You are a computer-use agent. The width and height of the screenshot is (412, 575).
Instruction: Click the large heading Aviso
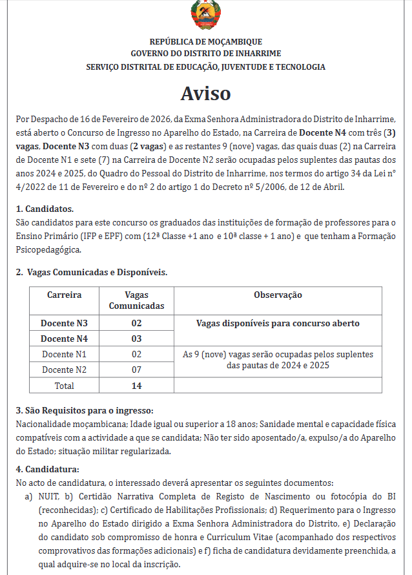[205, 93]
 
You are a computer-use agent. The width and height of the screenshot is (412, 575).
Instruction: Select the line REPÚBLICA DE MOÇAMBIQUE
[206, 42]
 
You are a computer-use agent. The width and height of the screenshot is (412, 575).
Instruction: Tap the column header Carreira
[65, 295]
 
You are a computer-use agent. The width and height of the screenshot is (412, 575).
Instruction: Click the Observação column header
[278, 295]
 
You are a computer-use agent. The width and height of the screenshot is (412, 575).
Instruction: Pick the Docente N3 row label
[65, 323]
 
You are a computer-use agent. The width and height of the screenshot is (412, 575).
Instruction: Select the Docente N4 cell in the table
[65, 339]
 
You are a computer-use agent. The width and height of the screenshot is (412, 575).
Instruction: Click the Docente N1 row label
[65, 354]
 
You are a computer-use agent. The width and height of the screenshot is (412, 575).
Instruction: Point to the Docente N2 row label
[65, 370]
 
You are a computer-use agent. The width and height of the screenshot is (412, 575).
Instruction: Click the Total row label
[65, 385]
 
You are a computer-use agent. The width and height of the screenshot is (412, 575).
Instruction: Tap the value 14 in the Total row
[136, 385]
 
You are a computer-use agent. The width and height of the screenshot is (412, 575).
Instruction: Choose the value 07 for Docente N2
[136, 370]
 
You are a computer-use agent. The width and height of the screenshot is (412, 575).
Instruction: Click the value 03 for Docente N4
[136, 339]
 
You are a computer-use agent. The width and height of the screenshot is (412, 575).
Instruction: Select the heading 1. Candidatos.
[45, 209]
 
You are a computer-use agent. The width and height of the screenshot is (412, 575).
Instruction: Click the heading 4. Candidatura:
[47, 469]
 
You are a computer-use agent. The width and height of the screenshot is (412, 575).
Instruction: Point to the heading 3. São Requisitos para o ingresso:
[84, 411]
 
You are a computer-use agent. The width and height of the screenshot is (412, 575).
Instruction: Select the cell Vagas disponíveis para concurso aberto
[278, 323]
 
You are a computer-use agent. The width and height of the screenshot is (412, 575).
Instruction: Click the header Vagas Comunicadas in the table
[136, 300]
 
